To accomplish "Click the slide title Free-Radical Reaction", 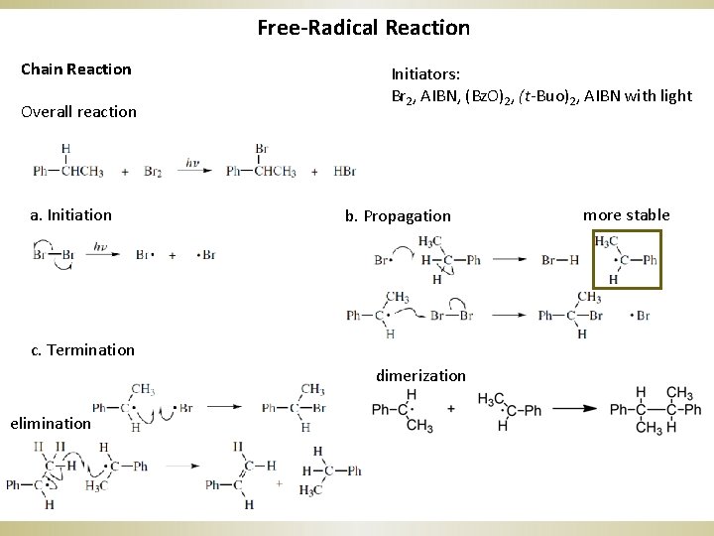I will [x=363, y=27].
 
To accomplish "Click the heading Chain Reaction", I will [x=76, y=68].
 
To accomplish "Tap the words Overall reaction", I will [x=79, y=111].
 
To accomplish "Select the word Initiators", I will [x=425, y=73].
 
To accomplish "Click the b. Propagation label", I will [x=398, y=215].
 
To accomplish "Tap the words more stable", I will [x=626, y=214].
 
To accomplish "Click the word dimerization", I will [x=420, y=375].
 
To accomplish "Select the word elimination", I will [x=51, y=423].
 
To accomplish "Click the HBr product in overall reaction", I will [x=344, y=172].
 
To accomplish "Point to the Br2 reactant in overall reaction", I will [x=153, y=172].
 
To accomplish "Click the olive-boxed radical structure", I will [x=625, y=259].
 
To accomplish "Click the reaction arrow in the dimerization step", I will [x=573, y=409].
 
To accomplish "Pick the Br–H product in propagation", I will [x=560, y=260].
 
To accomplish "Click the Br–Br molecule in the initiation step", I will [x=54, y=254].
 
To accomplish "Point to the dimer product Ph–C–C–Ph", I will [x=654, y=409].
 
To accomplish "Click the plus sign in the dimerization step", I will [x=451, y=408].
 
